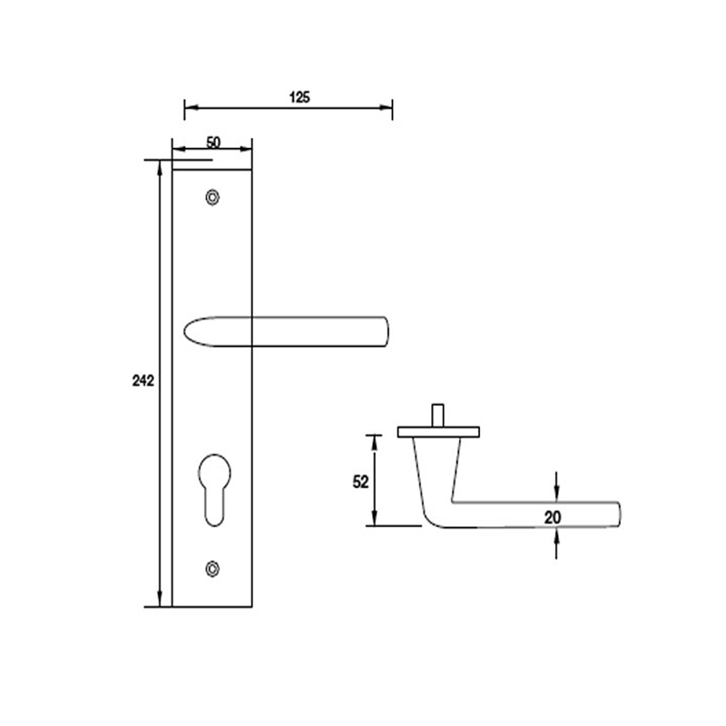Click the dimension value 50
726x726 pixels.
(x=213, y=142)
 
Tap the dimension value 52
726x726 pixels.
(x=360, y=482)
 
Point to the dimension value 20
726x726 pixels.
(x=554, y=516)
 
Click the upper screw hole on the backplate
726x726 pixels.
(x=212, y=197)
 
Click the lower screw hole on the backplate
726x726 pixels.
(x=212, y=568)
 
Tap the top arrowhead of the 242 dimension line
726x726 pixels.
(x=161, y=166)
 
